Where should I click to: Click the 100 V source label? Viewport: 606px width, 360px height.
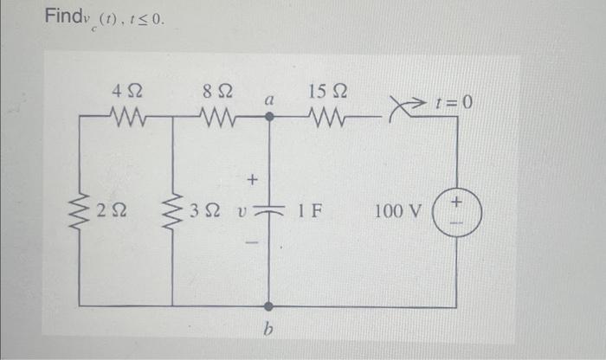point(398,210)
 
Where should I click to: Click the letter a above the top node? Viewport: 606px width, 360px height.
point(268,100)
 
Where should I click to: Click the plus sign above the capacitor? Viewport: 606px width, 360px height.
point(253,180)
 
